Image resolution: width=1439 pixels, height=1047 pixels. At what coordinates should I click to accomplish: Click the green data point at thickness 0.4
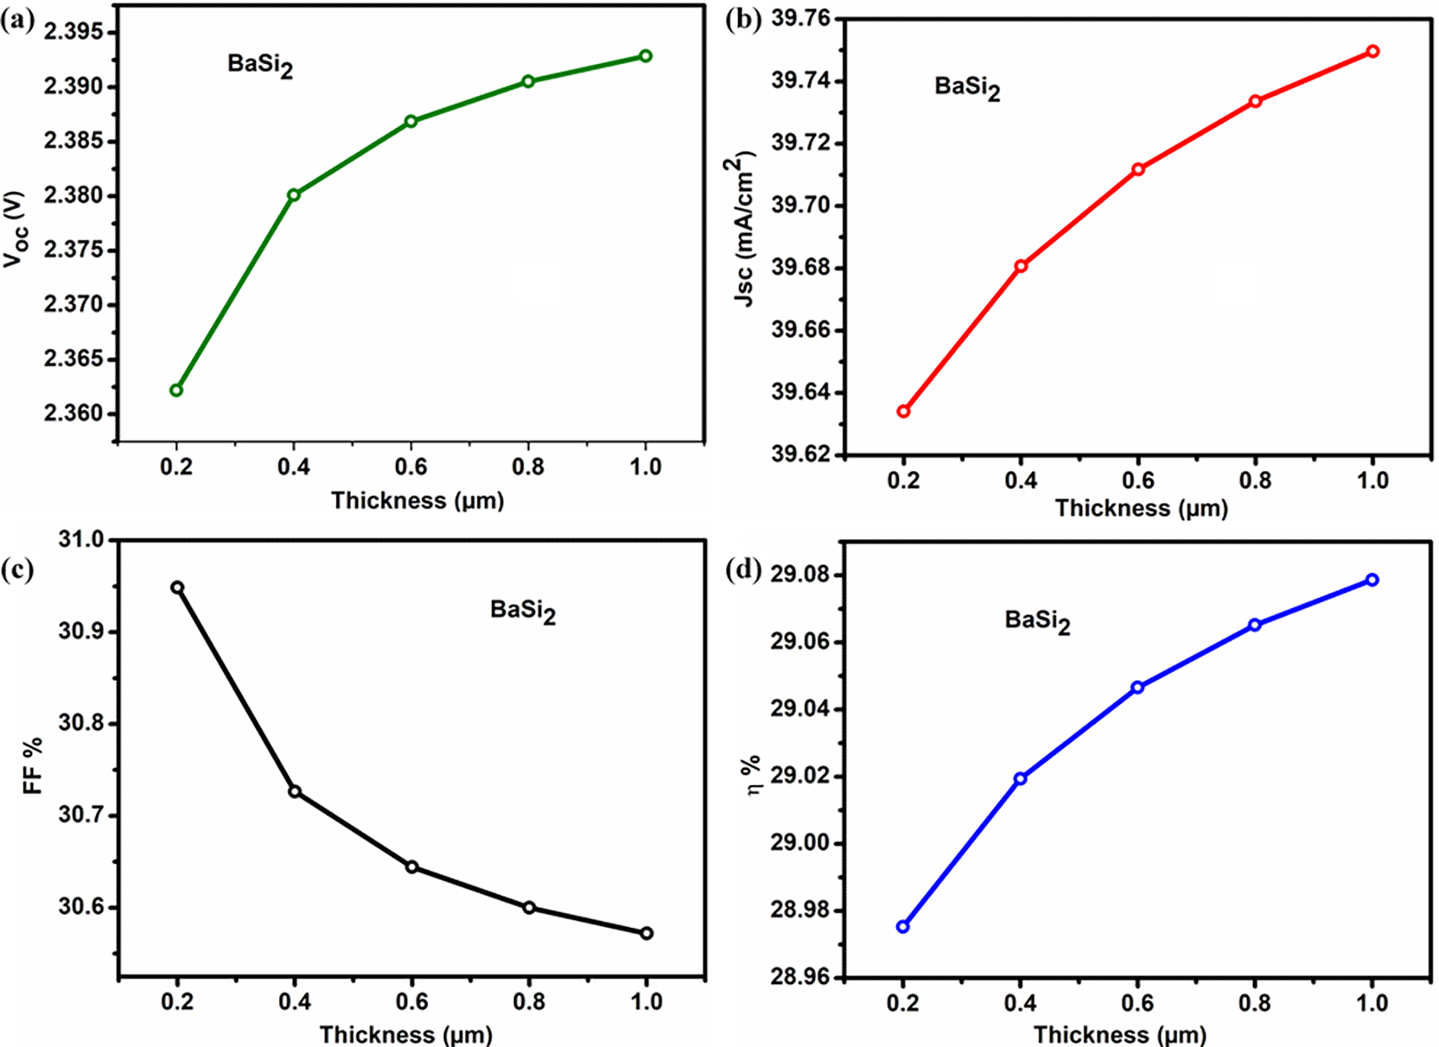coord(294,195)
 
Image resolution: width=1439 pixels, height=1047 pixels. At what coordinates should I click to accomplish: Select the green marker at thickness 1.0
coord(646,56)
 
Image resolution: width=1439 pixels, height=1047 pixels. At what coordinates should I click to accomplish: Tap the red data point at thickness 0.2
coord(903,411)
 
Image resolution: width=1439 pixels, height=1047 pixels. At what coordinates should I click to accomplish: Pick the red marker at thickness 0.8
coord(1255,101)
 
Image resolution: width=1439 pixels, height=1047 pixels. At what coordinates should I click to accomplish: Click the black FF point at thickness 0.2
coord(177,587)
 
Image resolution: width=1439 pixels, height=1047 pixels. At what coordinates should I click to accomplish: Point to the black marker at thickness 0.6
coord(412,866)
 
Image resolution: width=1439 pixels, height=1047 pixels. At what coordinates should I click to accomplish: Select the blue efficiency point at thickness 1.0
coord(1372,580)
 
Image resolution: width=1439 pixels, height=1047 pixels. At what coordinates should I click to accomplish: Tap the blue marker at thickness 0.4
coord(1020,778)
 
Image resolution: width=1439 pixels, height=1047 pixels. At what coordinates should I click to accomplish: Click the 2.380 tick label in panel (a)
coord(73,196)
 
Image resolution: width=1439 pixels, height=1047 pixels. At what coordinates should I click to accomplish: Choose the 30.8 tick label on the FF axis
coord(81,723)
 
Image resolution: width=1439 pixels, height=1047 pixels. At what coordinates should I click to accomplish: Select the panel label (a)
coord(17,22)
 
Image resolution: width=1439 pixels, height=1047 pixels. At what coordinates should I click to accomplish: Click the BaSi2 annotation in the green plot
coord(260,66)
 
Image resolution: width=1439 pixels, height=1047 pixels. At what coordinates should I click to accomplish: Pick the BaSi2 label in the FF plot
coord(522,612)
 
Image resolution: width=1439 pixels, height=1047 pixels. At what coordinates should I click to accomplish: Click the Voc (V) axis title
coord(16,228)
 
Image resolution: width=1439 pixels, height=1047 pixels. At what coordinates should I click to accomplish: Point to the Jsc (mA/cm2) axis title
coord(743,230)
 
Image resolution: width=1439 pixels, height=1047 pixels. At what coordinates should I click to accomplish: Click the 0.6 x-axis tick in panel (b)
coord(1137,480)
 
